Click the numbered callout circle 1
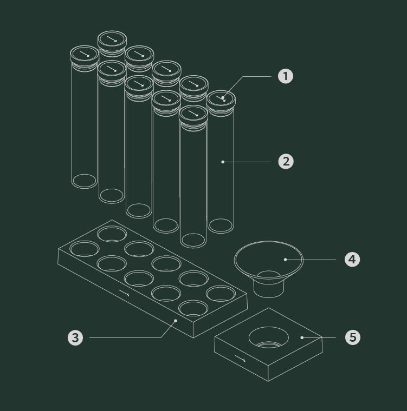(286, 76)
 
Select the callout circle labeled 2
(286, 162)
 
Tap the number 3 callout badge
(75, 337)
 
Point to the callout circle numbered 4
(352, 260)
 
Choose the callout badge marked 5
(353, 337)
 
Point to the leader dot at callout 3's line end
(176, 321)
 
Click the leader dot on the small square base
(302, 337)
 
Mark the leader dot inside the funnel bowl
(286, 260)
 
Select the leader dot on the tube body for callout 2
(223, 162)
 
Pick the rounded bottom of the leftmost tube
(85, 181)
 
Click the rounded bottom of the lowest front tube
(193, 240)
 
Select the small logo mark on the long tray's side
(124, 293)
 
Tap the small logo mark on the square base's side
(240, 359)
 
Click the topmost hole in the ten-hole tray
(112, 234)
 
